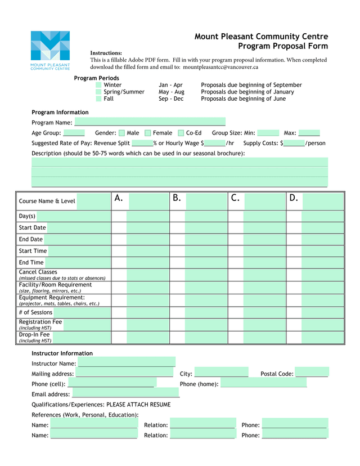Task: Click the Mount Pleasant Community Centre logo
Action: (50, 50)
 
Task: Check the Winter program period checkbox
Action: (99, 85)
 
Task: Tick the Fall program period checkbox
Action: (99, 98)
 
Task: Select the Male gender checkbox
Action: (121, 133)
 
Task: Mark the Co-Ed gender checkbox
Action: (181, 133)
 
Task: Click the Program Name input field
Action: (150, 122)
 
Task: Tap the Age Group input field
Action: (74, 133)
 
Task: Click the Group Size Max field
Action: (309, 133)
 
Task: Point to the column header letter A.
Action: (119, 198)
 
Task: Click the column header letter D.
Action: (294, 198)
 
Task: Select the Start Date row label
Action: (32, 228)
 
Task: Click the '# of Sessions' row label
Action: (35, 312)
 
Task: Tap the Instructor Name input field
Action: (127, 364)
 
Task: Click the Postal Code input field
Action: (312, 374)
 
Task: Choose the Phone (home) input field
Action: (263, 384)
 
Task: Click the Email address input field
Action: (125, 394)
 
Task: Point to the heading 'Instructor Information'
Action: (62, 353)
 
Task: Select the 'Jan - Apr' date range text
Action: (170, 85)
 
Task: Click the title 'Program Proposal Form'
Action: (282, 46)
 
